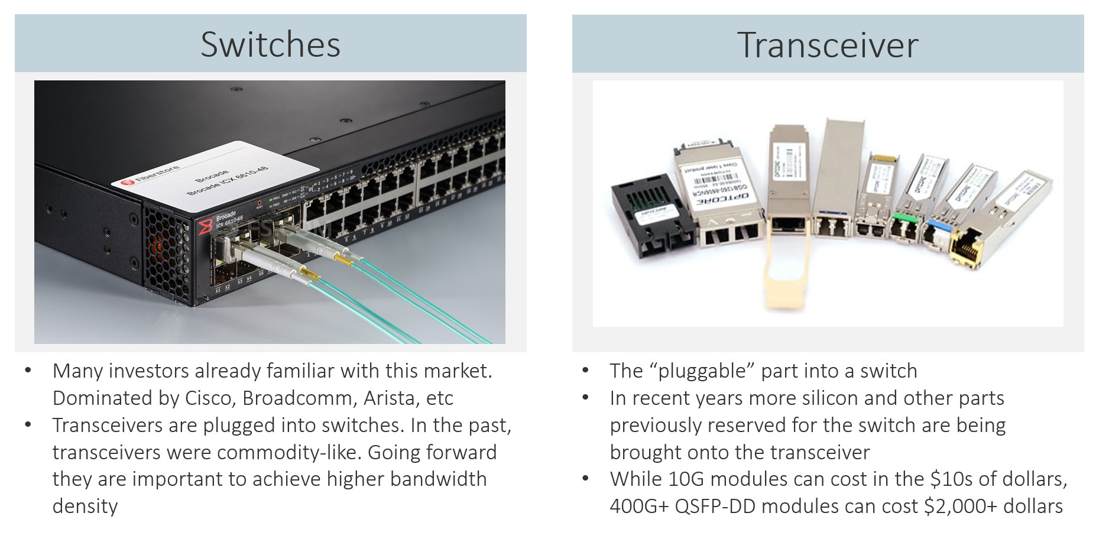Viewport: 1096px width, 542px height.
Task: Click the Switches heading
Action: coord(270,44)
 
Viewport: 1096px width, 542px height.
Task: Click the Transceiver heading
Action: coord(827,45)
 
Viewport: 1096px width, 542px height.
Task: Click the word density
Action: coord(85,507)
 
